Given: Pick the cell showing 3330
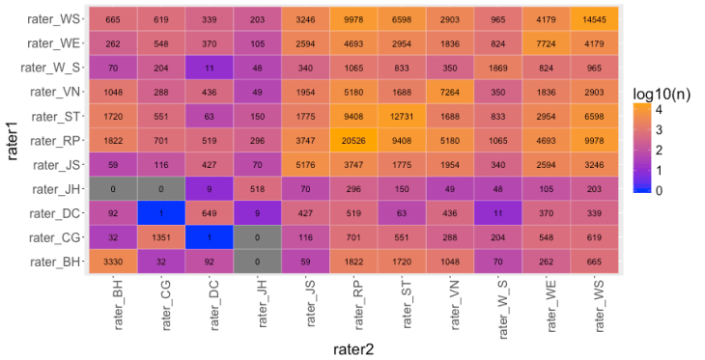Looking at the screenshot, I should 113,261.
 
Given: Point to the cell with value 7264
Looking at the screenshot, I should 452,92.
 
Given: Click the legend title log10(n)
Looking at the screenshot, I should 663,93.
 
